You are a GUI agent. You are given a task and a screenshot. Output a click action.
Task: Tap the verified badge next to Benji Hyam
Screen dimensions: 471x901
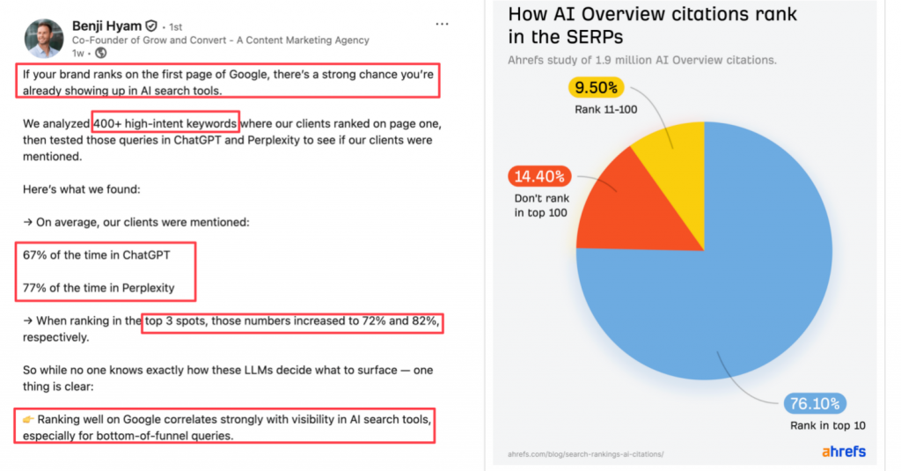[x=151, y=26]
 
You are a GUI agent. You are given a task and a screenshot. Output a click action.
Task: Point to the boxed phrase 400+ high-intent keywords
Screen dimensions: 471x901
[x=165, y=124]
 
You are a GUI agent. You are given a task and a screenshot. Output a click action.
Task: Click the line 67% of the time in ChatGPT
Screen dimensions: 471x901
[x=97, y=254]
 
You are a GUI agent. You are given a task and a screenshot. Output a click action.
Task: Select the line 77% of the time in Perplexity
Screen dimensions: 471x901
[x=99, y=287]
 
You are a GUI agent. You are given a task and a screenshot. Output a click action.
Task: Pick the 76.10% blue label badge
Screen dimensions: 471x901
[x=813, y=404]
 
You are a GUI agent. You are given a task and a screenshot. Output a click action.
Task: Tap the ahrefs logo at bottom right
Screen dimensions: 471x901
[x=844, y=451]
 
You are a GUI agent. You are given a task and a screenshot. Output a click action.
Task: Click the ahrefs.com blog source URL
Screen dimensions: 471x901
[x=586, y=453]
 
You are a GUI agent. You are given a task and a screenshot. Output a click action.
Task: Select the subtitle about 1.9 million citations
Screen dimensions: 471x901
[x=641, y=61]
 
